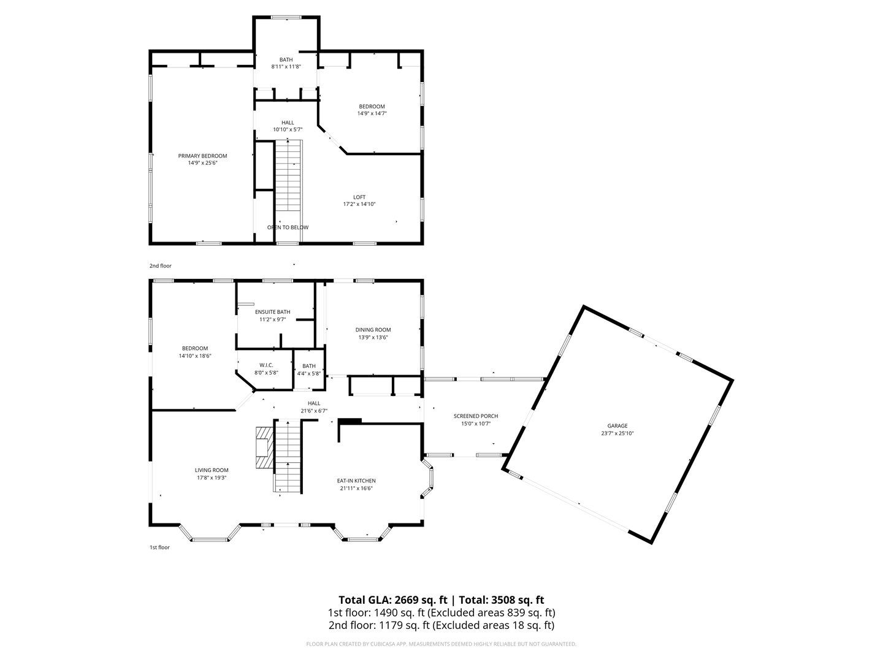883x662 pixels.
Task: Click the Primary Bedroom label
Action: pos(202,156)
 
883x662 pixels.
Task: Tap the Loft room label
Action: pos(359,197)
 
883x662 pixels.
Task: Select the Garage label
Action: pos(617,425)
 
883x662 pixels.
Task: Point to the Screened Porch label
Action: pos(475,416)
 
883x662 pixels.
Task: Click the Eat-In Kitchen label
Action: pos(356,481)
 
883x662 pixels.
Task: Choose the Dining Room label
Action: pos(373,330)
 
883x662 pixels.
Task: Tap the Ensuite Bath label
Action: pos(272,312)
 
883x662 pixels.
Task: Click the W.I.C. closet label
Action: pos(266,365)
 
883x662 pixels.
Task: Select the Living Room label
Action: pos(212,470)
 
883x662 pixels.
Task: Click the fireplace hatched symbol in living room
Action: pos(262,447)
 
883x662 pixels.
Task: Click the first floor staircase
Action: pos(287,456)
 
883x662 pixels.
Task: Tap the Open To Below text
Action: pos(288,227)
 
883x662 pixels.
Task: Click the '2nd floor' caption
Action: pos(161,266)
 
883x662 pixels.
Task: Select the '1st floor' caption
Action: pos(159,547)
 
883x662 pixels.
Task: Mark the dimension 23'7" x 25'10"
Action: pos(617,433)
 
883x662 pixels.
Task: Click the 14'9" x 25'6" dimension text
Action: pos(202,163)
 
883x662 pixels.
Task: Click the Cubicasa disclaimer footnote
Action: pos(441,644)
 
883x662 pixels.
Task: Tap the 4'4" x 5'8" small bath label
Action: pos(308,373)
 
